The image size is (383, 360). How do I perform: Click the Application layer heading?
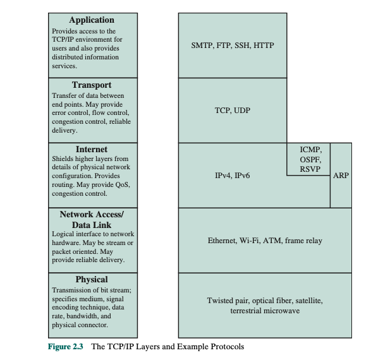tap(92, 20)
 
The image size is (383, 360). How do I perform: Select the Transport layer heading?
tap(92, 85)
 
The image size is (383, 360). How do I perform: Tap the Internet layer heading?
tap(92, 150)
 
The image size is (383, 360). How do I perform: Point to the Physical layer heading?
tap(92, 279)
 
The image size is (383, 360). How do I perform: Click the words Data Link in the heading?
tap(92, 225)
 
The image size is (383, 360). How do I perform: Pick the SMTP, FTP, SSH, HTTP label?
tap(232, 46)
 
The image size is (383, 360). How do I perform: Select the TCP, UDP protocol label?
tap(232, 111)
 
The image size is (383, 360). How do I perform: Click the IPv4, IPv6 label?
tap(232, 176)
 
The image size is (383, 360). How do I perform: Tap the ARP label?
tap(341, 176)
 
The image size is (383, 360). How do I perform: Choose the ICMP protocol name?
tap(310, 150)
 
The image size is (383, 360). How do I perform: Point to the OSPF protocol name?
tap(310, 160)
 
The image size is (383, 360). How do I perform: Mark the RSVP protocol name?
tap(310, 169)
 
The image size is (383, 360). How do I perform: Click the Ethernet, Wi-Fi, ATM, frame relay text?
tap(265, 240)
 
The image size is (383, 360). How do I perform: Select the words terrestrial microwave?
tap(265, 311)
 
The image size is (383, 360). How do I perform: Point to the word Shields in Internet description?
tap(62, 159)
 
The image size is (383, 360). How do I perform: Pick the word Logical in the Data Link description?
tap(62, 234)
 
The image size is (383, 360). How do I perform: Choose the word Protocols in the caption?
tap(227, 347)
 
